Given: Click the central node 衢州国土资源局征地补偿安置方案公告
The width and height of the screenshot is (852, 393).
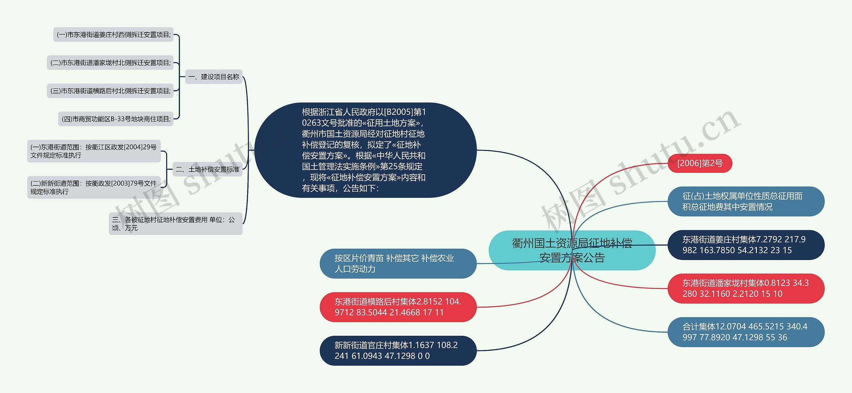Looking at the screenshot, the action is (x=572, y=250).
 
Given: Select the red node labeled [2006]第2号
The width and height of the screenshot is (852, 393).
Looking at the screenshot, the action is (x=700, y=163).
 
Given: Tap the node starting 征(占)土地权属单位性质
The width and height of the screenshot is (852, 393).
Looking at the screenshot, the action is (x=745, y=201).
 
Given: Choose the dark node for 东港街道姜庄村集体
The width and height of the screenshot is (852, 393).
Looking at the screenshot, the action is (x=745, y=245).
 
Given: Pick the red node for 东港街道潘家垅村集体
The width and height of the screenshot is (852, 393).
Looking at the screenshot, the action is (x=745, y=288).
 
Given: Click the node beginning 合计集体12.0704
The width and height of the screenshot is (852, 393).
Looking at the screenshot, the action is (x=745, y=332).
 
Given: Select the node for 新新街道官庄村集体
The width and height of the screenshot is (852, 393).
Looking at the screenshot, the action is (x=398, y=350).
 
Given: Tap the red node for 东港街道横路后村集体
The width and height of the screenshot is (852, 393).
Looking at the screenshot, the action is (x=398, y=307).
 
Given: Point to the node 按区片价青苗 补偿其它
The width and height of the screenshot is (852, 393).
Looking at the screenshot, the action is (x=398, y=263).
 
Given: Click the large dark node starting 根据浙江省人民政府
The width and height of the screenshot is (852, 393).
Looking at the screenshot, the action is (x=365, y=150).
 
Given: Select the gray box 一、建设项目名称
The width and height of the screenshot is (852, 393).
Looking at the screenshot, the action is (x=214, y=77).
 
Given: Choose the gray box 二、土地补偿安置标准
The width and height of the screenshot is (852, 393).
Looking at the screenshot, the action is (x=207, y=170).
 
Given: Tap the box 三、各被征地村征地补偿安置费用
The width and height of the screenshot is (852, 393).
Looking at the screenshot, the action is (x=175, y=224).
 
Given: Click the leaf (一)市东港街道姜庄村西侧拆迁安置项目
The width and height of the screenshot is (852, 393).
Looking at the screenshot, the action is (x=113, y=35).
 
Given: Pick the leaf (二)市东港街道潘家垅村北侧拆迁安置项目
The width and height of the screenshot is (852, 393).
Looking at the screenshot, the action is (x=110, y=63).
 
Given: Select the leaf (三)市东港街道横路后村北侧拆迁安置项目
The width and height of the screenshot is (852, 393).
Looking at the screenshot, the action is (x=110, y=91).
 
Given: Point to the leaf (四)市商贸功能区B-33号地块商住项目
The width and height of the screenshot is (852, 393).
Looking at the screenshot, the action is (x=116, y=119).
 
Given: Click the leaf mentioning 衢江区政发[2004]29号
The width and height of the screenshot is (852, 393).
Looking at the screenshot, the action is (x=94, y=151).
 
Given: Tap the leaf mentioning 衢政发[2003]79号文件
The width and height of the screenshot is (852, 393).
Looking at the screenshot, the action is (x=94, y=187).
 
